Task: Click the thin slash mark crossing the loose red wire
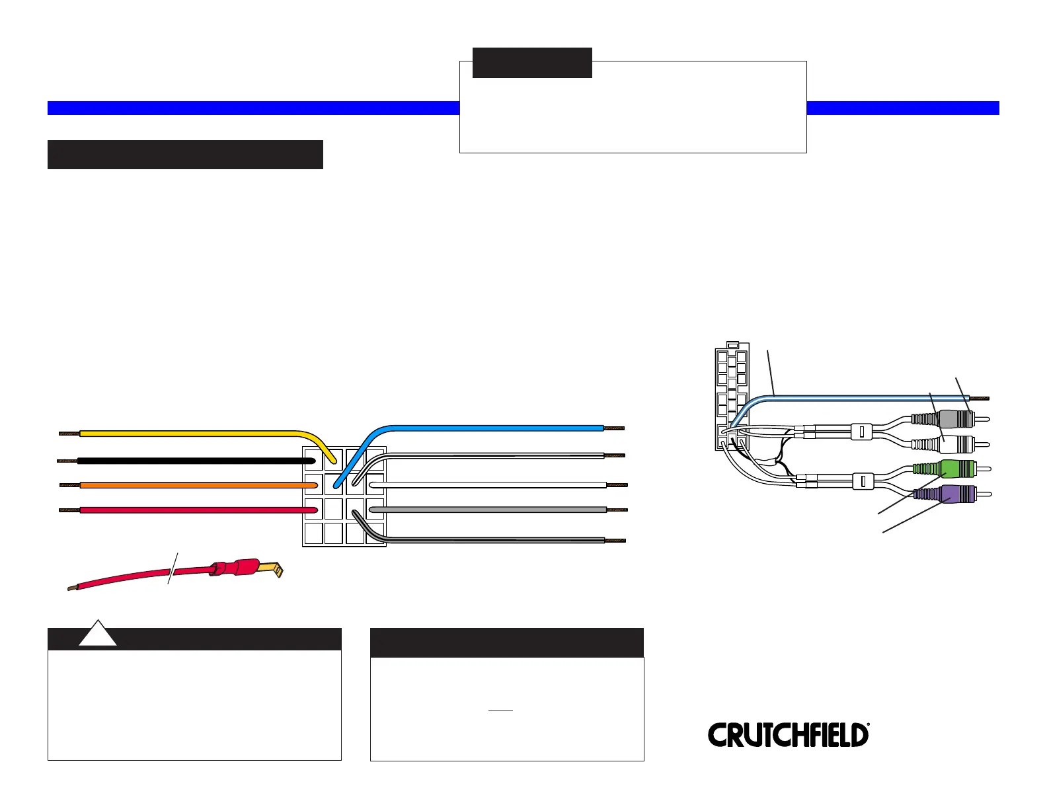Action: click(173, 568)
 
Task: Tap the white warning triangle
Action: click(98, 633)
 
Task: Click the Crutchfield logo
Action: click(789, 735)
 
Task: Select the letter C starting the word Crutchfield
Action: click(717, 735)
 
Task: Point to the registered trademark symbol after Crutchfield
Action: click(869, 724)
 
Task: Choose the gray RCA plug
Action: click(950, 419)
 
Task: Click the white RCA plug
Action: click(950, 444)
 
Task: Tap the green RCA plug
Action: click(952, 469)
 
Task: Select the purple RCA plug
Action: click(952, 494)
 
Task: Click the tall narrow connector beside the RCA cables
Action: click(732, 396)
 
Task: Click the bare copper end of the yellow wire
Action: click(69, 434)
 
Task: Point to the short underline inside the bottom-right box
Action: click(500, 711)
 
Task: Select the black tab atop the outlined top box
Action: click(532, 63)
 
